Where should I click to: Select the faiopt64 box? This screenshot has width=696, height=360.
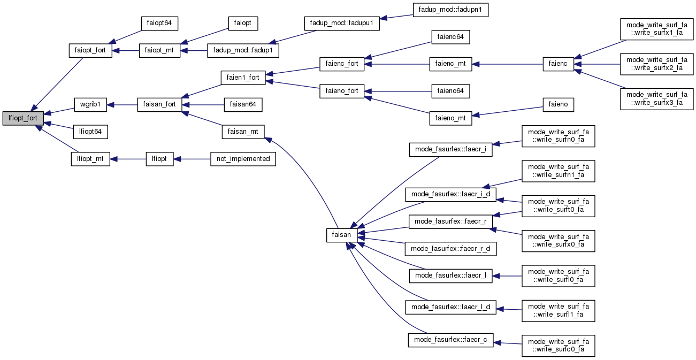pos(159,23)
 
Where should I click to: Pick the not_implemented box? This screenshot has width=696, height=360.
pos(243,159)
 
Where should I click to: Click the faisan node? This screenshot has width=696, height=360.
pos(342,235)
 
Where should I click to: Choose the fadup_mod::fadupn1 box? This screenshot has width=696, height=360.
pos(450,9)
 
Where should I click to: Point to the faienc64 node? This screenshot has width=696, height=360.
pos(450,37)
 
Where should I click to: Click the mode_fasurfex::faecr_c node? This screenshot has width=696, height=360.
pos(451,340)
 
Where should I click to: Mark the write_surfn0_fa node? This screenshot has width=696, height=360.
pos(559,136)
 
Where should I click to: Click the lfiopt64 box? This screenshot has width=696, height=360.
pos(90,131)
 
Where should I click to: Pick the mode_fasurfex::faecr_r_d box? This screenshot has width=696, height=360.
pos(451,249)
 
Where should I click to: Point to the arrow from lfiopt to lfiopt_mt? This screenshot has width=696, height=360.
pos(128,159)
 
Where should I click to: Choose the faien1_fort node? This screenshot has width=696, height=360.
pos(243,77)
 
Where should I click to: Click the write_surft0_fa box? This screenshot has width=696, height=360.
pos(559,205)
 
